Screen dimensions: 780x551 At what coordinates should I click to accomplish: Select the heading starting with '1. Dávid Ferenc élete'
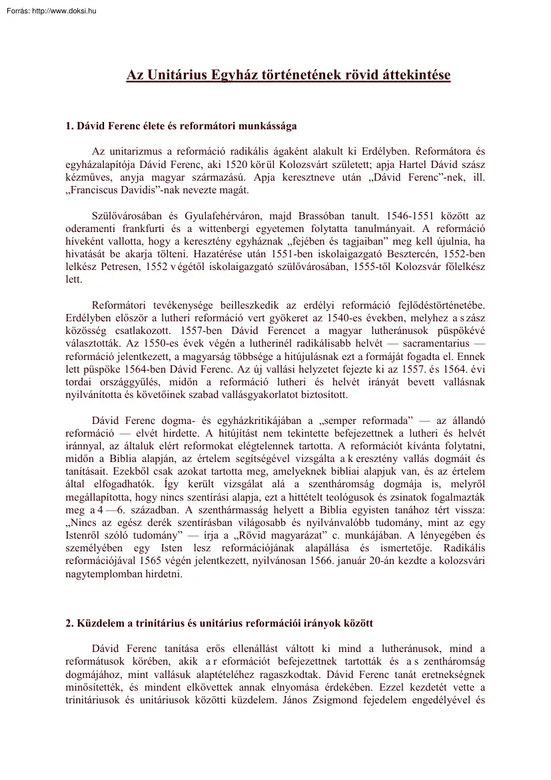pyautogui.click(x=181, y=125)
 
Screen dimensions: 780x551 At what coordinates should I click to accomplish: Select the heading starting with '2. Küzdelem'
pyautogui.click(x=219, y=623)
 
